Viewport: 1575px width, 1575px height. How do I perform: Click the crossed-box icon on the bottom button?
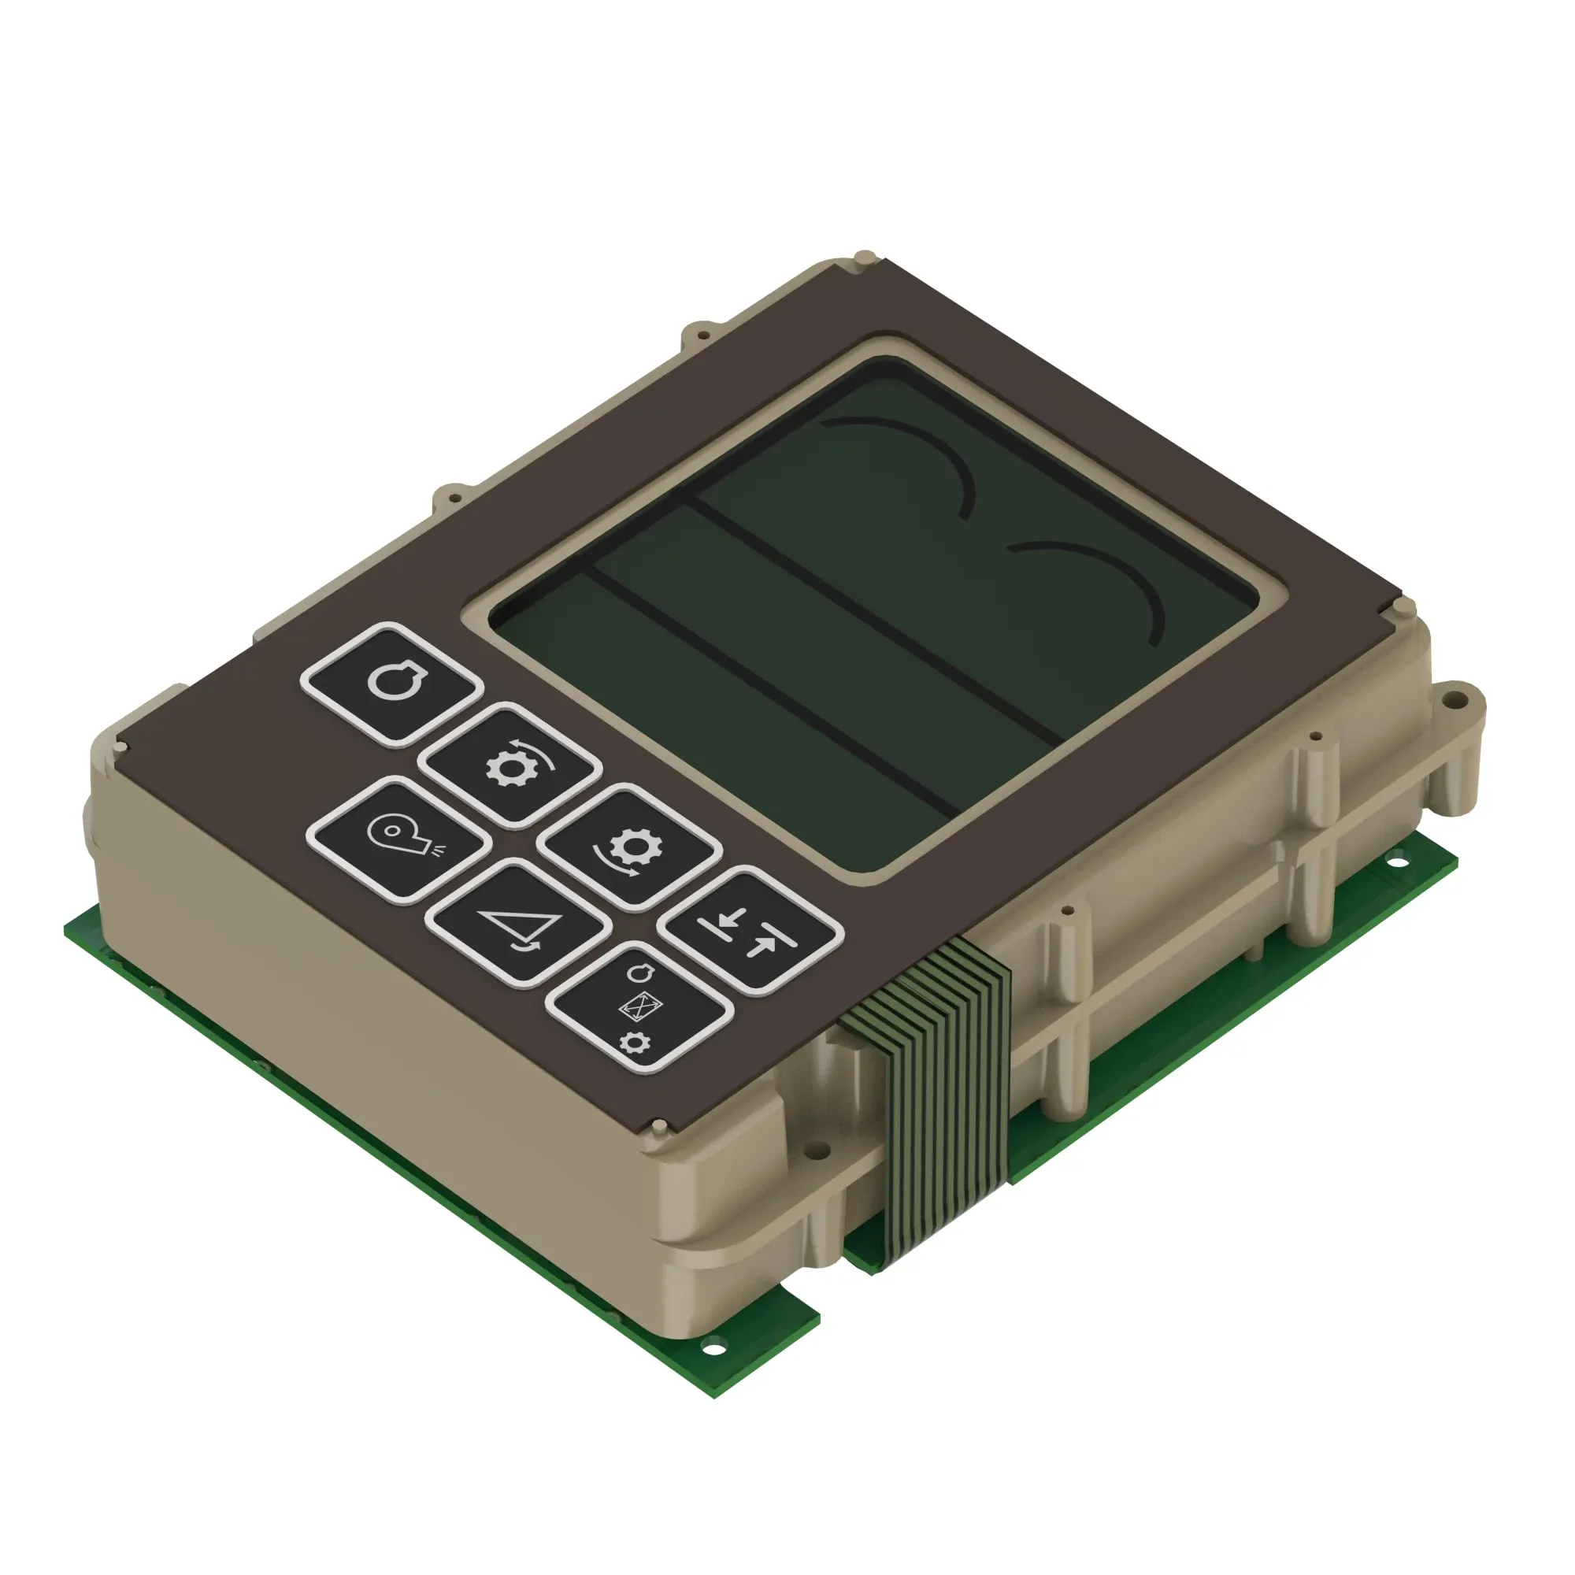coord(640,1008)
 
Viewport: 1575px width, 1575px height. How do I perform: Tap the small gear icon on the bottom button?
coord(634,1043)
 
